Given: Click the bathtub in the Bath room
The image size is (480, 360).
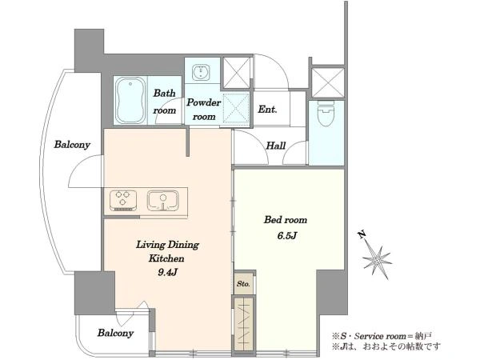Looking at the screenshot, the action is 130,101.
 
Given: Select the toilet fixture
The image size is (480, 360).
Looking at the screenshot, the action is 326,113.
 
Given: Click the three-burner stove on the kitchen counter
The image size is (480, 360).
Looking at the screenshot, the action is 123,201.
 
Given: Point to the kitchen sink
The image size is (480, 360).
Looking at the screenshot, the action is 163,201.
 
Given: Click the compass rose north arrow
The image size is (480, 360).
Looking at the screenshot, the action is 376,257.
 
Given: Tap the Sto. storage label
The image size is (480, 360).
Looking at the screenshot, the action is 243,284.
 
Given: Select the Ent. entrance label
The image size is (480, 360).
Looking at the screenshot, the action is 267,110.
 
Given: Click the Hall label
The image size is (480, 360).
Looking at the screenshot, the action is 276,146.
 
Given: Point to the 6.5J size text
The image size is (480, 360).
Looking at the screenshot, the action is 286,236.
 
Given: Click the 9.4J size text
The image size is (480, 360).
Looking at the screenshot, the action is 167,272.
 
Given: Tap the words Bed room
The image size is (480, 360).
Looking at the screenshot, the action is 286,220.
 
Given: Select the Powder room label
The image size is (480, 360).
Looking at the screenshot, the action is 203,110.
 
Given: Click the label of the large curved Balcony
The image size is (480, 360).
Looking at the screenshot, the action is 72,145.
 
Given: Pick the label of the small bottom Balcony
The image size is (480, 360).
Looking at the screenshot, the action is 116,333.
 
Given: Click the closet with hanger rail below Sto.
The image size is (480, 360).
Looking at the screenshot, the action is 244,323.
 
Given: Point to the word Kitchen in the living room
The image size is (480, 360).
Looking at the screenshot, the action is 166,258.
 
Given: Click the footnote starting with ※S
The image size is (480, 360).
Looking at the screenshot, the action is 382,336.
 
